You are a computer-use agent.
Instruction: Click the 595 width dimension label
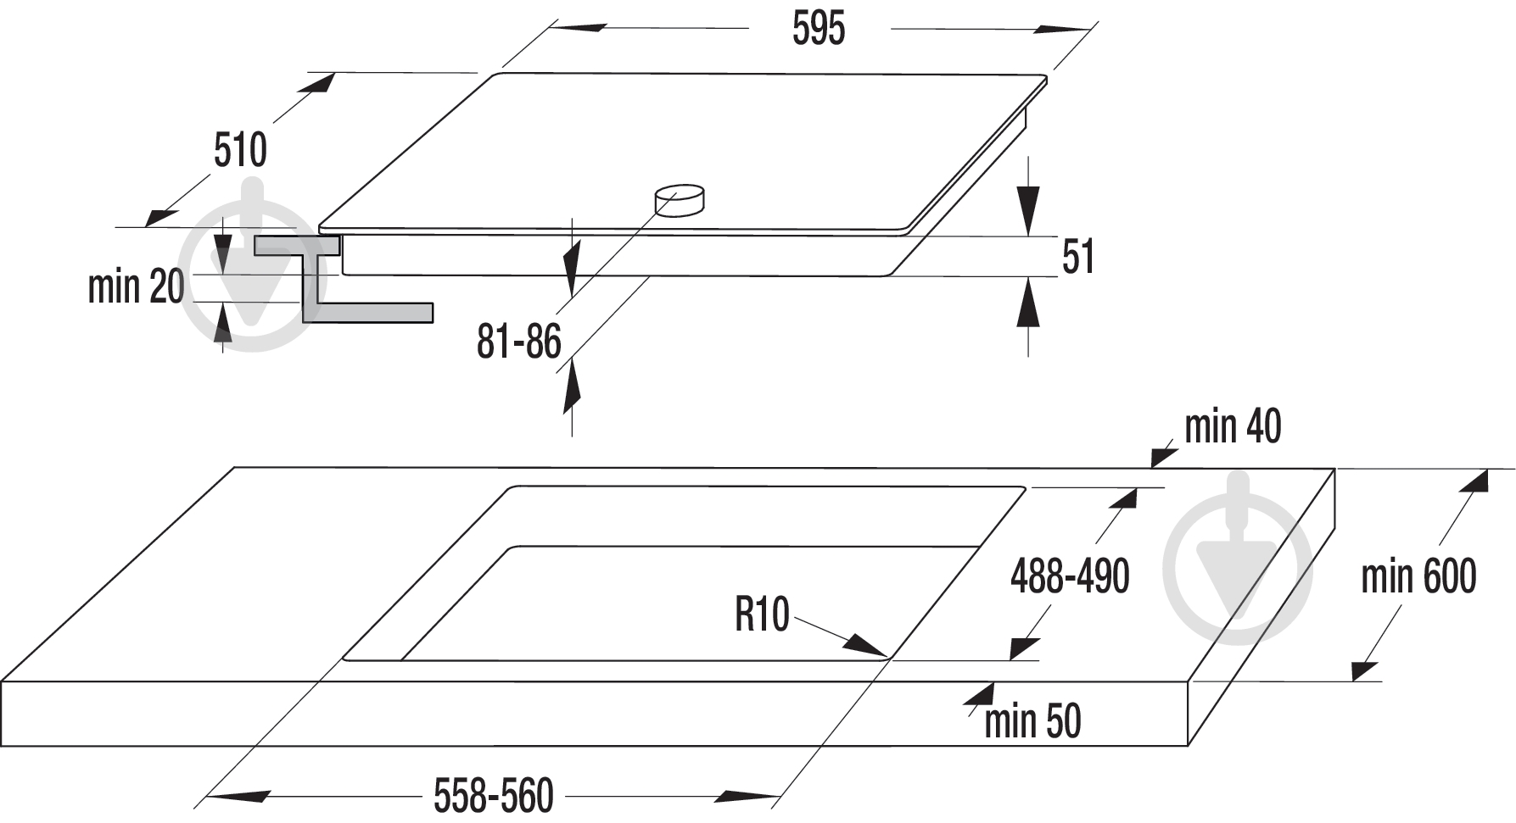(819, 29)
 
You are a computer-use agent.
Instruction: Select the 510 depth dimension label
(240, 150)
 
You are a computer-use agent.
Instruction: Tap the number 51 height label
(1078, 256)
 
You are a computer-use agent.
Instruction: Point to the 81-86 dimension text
(519, 342)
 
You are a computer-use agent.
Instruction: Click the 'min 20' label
(137, 286)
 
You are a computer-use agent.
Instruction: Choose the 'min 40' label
(1233, 426)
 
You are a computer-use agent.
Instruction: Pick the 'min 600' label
(1418, 576)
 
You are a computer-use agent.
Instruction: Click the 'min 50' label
(1032, 721)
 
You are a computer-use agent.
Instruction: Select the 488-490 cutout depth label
(1070, 576)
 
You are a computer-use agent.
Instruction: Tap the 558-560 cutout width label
(494, 796)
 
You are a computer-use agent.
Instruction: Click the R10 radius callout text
(762, 614)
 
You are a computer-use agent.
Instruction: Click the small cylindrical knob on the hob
(680, 200)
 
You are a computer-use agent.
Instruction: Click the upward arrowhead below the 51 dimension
(1028, 302)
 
